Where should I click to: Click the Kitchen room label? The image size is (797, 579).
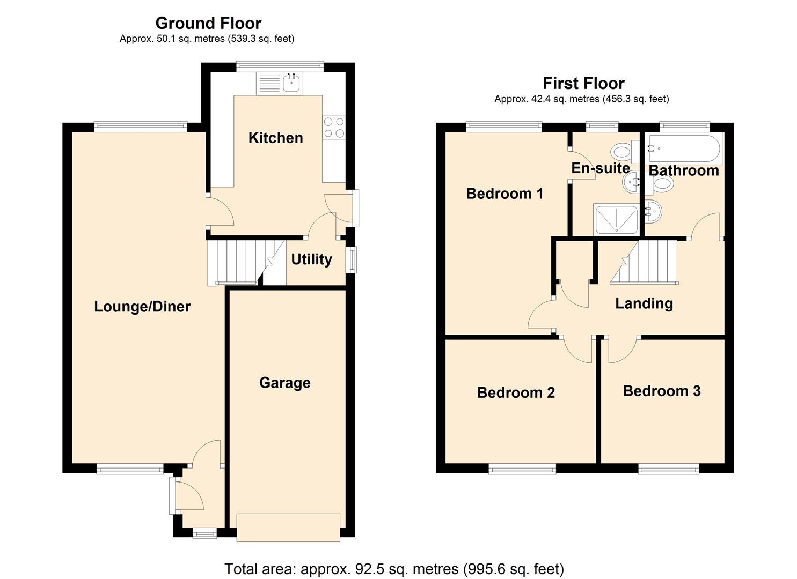[x=275, y=138]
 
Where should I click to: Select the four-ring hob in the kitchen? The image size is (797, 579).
[x=333, y=128]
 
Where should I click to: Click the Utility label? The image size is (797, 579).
[x=311, y=259]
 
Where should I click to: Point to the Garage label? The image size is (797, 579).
[x=284, y=383]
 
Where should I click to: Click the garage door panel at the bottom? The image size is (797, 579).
[x=288, y=527]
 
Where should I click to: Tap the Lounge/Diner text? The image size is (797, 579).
[x=142, y=307]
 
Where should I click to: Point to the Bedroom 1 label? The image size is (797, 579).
[x=504, y=194]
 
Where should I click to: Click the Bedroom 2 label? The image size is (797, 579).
[x=516, y=392]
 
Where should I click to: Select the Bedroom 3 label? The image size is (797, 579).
[x=662, y=391]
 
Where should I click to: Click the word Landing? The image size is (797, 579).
[x=644, y=303]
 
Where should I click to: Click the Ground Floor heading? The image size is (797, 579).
[x=208, y=23]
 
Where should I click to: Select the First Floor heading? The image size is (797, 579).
[x=583, y=83]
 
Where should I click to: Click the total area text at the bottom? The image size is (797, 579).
[x=394, y=568]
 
